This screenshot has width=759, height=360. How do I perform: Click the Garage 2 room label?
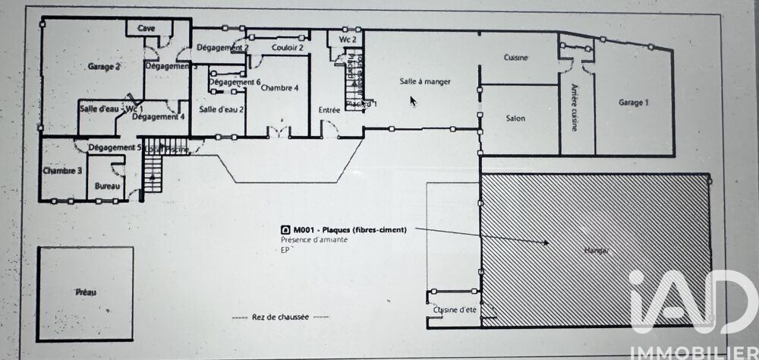(x=105, y=66)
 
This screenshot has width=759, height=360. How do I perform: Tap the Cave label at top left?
(x=146, y=28)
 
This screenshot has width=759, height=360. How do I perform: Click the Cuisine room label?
(x=515, y=58)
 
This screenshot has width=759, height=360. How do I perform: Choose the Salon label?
(x=515, y=118)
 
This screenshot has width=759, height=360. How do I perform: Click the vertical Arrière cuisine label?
(x=575, y=106)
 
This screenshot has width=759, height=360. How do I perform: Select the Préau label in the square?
(x=85, y=291)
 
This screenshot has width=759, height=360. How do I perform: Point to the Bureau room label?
(x=106, y=185)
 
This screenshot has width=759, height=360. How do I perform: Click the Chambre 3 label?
(x=62, y=171)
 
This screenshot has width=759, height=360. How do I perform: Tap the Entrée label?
(x=329, y=110)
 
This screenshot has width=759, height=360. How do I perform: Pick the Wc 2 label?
(x=348, y=39)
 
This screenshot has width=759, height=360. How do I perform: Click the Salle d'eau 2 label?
(x=221, y=109)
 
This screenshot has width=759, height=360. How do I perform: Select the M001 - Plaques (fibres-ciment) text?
(x=349, y=229)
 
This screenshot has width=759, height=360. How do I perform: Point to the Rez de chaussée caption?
(x=279, y=317)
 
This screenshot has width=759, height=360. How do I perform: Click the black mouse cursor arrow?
(x=413, y=100)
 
